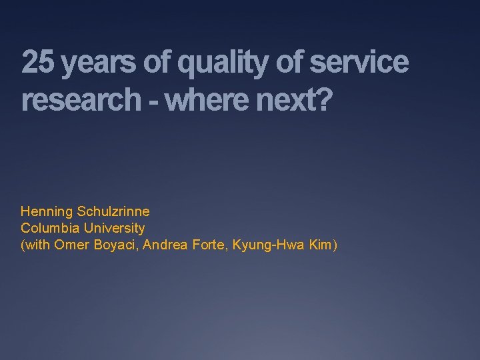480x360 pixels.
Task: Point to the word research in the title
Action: coord(78,100)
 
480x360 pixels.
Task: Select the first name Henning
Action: coord(47,212)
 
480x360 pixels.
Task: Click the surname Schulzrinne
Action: coord(113,212)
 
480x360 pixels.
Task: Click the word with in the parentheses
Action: coord(37,245)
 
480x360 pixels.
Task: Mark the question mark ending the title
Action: coord(323,100)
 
